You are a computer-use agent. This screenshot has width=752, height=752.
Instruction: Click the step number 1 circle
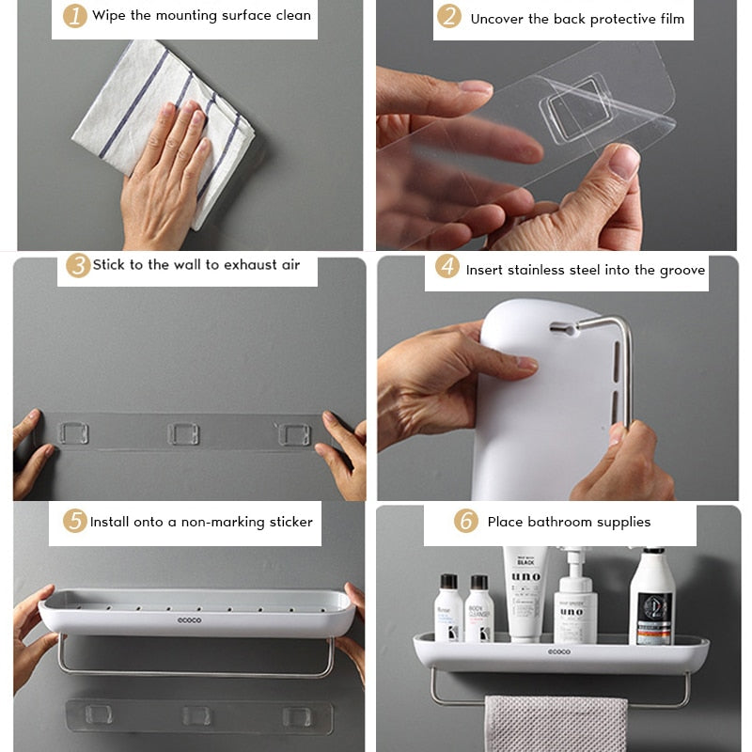[x=74, y=16]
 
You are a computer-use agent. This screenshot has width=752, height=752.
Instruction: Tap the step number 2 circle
[x=449, y=17]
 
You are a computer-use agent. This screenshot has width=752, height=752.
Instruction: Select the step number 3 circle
[x=78, y=265]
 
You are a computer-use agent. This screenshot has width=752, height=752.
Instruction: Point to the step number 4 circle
[x=447, y=268]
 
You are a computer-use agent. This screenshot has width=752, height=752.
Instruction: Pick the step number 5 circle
[x=74, y=521]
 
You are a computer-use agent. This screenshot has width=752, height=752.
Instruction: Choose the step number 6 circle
[x=465, y=521]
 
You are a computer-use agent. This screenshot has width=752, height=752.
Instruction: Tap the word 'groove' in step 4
[x=682, y=270]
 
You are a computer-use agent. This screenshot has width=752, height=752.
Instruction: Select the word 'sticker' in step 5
[x=289, y=522]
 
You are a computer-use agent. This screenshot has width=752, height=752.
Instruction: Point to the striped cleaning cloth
[x=160, y=122]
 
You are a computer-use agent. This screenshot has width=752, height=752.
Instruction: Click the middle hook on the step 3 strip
[x=182, y=433]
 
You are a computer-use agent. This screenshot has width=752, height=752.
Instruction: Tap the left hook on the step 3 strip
[x=72, y=433]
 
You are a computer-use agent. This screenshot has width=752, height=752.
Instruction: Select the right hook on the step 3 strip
[x=293, y=434]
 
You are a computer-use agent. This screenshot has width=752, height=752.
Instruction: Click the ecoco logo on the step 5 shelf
[x=191, y=619]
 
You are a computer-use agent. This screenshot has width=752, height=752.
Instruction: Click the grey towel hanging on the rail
[x=555, y=723]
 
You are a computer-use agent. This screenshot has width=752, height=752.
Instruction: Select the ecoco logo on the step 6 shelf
[x=559, y=651]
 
